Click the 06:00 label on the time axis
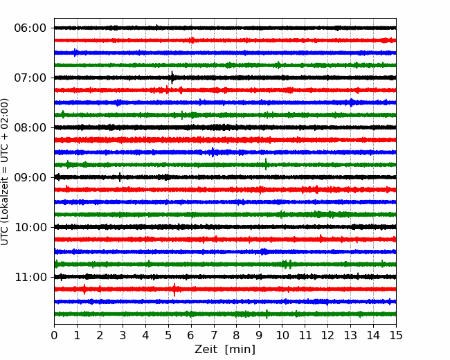coord(30,28)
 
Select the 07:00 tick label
coord(30,78)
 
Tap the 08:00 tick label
coord(30,127)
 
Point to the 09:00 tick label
coord(30,177)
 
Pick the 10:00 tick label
coord(30,227)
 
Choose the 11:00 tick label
coord(30,277)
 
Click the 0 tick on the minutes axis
coord(54,335)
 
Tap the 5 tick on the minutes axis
coord(168,335)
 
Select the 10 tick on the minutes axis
coord(282,335)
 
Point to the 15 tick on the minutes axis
coord(396,335)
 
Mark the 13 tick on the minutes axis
coord(350,335)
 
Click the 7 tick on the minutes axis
coord(214,335)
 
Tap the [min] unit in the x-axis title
coord(240,350)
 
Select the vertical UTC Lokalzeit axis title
coord(5,172)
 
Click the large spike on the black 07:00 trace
coord(172,78)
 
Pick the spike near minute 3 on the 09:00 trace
coord(120,177)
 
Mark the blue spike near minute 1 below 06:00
coord(75,53)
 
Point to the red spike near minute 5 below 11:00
coord(174,289)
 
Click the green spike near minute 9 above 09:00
coord(266,164)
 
